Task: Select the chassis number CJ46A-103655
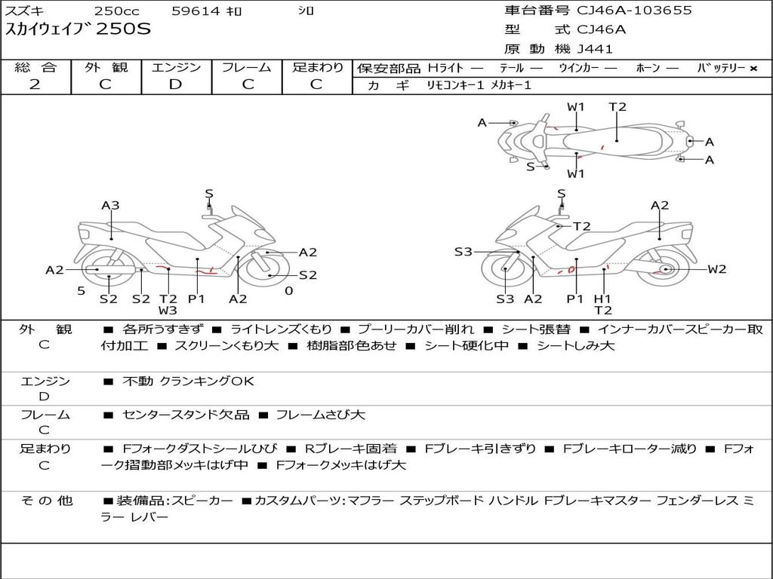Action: [634, 11]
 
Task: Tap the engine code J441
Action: [595, 49]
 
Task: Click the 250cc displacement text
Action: [116, 11]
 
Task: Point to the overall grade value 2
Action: [35, 84]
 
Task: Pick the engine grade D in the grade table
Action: [175, 84]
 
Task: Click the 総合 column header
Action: [35, 67]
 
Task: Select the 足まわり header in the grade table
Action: [317, 67]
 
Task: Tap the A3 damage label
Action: [110, 205]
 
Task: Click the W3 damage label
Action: [168, 310]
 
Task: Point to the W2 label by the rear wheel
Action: [716, 269]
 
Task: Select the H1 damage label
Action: [602, 299]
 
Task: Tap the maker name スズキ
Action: [25, 11]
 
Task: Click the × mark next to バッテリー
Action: [753, 69]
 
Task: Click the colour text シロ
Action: [306, 11]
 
